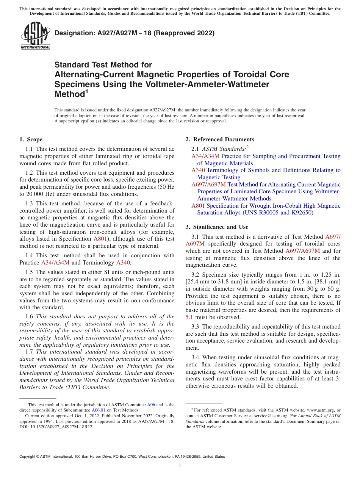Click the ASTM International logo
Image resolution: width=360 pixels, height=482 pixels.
pos(35,36)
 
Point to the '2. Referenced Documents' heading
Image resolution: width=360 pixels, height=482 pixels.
pos(220,139)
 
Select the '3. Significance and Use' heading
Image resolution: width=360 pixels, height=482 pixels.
pos(217,227)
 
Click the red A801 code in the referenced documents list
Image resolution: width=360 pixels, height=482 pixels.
pos(198,206)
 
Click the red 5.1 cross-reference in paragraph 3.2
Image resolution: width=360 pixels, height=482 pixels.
pos(189,317)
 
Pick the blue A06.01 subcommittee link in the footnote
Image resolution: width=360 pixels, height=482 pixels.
pos(99,410)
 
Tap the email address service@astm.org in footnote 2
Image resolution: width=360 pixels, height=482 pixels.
pos(272,416)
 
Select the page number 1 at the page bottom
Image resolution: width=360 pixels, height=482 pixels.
pos(180,466)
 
